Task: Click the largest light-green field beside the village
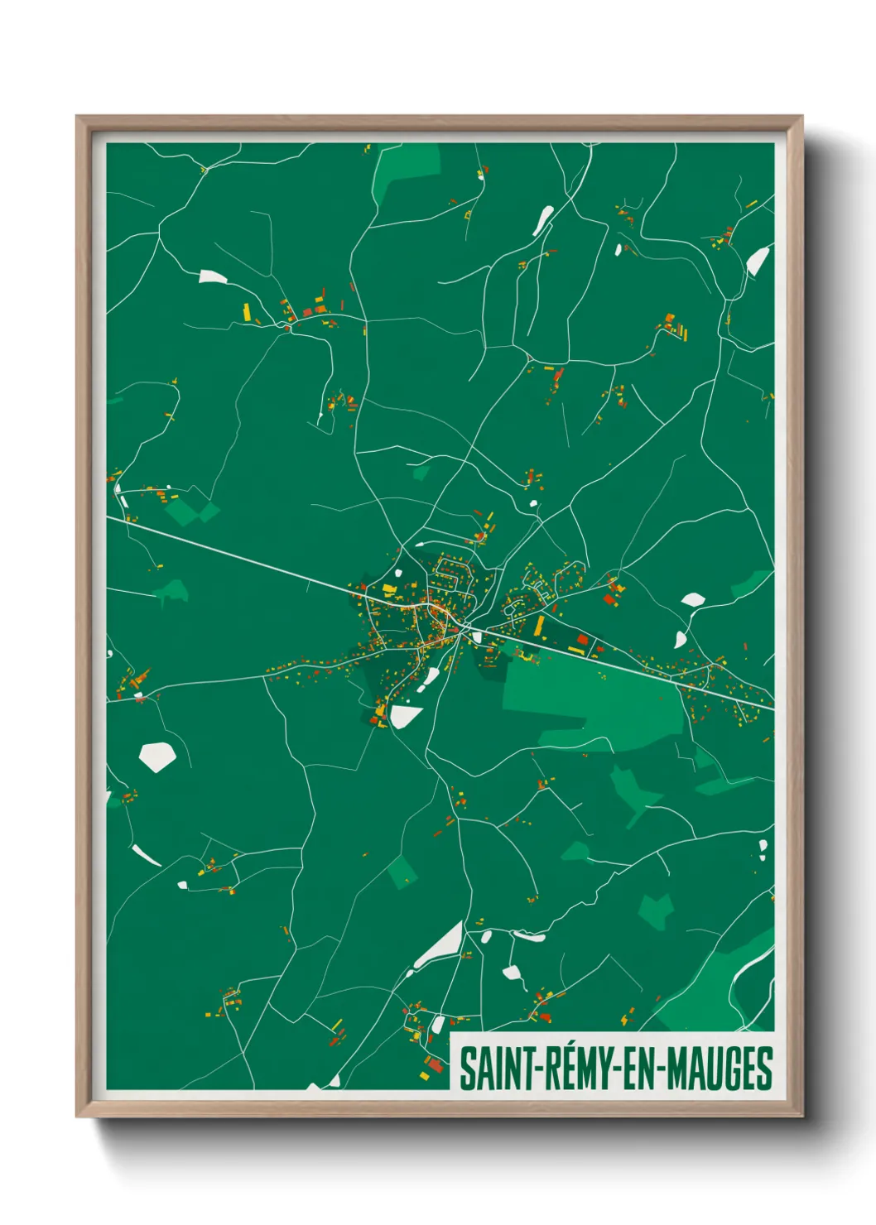click(592, 699)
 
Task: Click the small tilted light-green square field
click(403, 872)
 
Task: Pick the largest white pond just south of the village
click(406, 716)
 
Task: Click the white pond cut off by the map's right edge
click(758, 261)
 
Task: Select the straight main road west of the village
click(240, 556)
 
